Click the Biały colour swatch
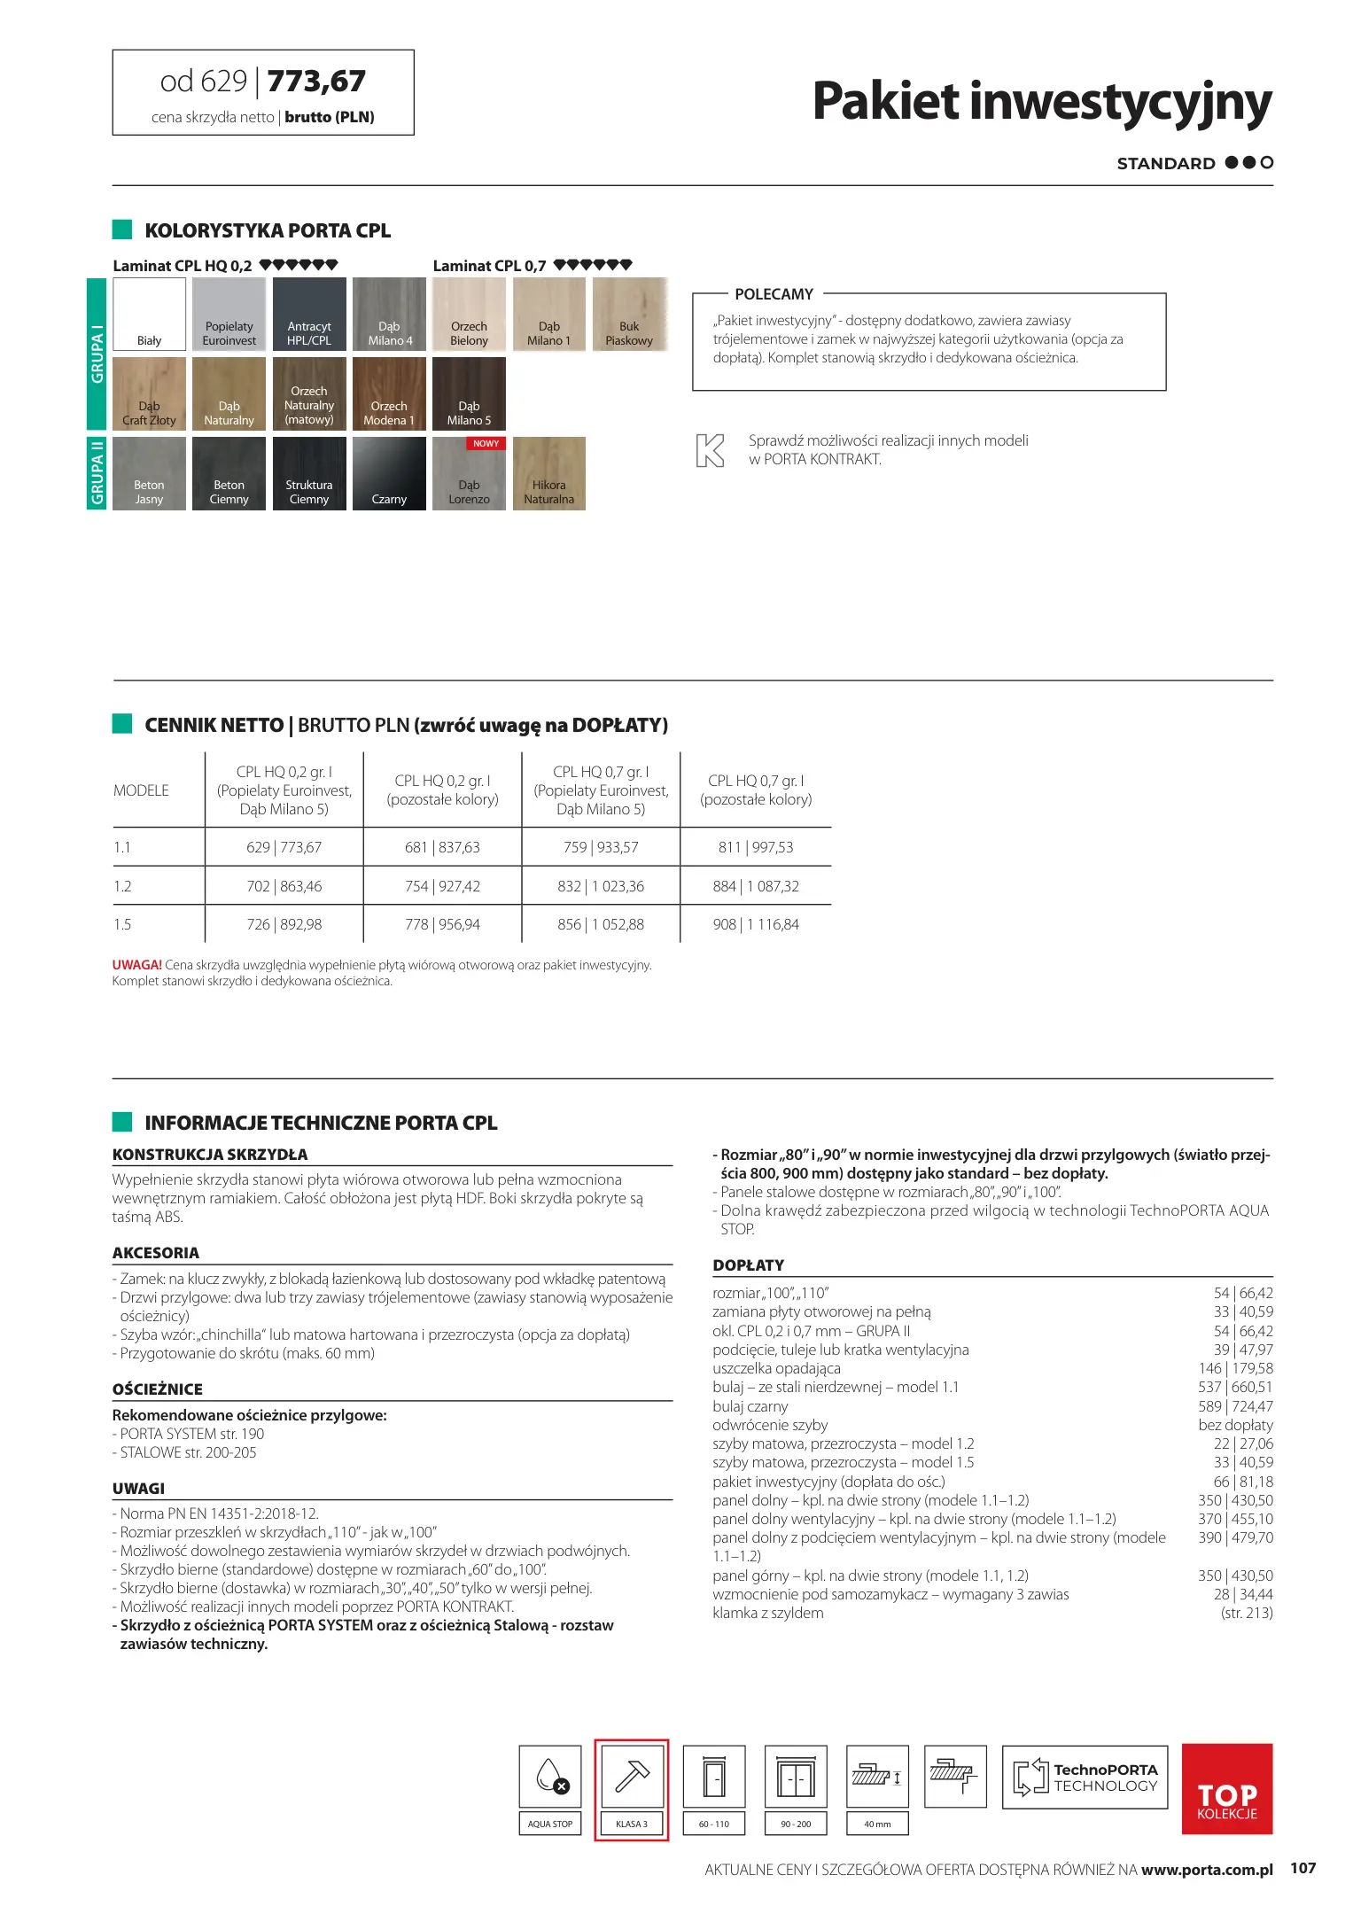(x=150, y=314)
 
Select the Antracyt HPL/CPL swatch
(x=309, y=314)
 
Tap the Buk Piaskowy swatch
(x=629, y=314)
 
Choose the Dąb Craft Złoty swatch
(x=150, y=393)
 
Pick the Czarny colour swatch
(x=389, y=473)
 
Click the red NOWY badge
(x=486, y=443)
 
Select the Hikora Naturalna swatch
(x=548, y=473)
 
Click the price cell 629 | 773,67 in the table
(x=284, y=847)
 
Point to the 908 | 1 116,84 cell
(x=756, y=924)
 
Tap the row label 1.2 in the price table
(x=122, y=886)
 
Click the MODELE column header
(x=141, y=790)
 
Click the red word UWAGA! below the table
(x=136, y=965)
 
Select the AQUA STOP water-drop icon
(x=550, y=1776)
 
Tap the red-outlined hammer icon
(x=632, y=1776)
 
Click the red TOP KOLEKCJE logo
(x=1227, y=1788)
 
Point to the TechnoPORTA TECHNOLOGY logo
(x=1085, y=1777)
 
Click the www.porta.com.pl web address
(x=1207, y=1869)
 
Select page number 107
(x=1302, y=1868)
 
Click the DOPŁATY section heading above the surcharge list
(x=749, y=1265)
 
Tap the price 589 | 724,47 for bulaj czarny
(x=1235, y=1406)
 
